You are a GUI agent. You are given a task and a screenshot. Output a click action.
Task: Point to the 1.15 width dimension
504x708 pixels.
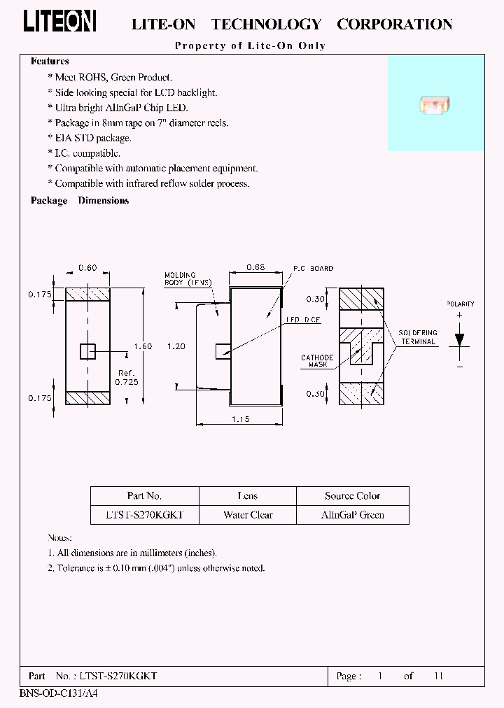coord(239,419)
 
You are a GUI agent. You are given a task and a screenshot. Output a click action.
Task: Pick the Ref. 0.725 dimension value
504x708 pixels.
coord(126,378)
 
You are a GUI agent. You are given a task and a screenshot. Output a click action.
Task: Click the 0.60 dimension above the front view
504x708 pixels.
coord(87,268)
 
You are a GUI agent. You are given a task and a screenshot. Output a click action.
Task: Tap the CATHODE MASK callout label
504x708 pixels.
coord(316,361)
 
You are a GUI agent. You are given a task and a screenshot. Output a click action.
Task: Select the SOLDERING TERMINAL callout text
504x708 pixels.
coord(418,337)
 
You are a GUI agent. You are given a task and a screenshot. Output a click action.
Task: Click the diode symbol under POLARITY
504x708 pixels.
coord(459,339)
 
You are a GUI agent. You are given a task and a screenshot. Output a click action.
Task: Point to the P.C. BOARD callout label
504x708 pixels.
coord(313,269)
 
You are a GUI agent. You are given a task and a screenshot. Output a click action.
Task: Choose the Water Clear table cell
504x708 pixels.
coord(248,515)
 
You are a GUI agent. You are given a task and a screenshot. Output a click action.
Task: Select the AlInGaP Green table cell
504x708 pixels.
coord(352,515)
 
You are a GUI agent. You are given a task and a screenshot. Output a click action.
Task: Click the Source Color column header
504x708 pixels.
coord(352,496)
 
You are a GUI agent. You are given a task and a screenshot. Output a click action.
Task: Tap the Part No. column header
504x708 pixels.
coord(144,496)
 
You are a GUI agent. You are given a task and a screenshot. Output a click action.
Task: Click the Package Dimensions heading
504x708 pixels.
coord(80,201)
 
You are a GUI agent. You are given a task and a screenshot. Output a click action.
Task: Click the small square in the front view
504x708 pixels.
coord(87,351)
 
